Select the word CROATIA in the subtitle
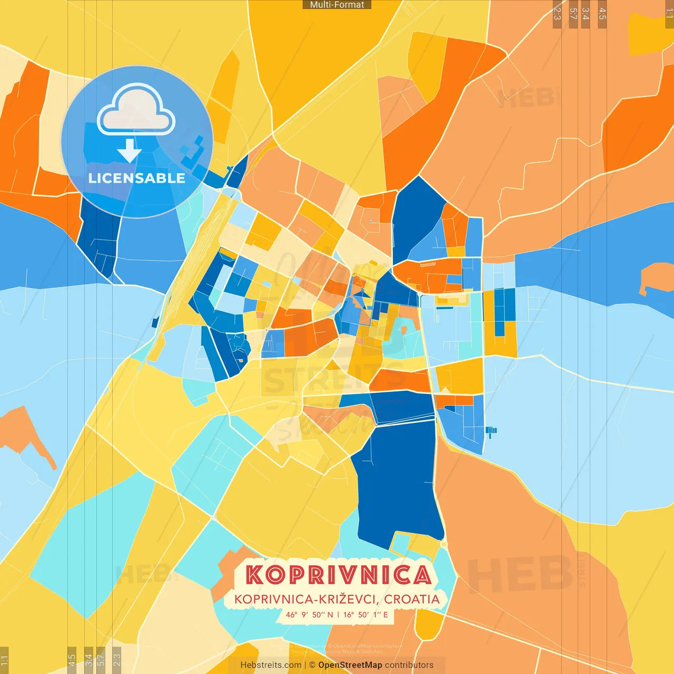tap(411, 599)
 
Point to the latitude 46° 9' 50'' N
tap(310, 614)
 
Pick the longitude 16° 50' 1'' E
tap(365, 614)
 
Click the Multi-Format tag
tap(337, 5)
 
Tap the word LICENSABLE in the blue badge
tap(136, 178)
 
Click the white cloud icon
tap(136, 111)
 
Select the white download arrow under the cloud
tap(129, 151)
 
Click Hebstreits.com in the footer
tap(271, 665)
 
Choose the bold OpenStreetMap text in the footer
tap(350, 665)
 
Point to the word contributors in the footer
tap(409, 665)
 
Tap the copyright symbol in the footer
tap(312, 665)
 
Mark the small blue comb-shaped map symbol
tap(491, 432)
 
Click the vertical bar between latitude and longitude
tap(338, 614)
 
